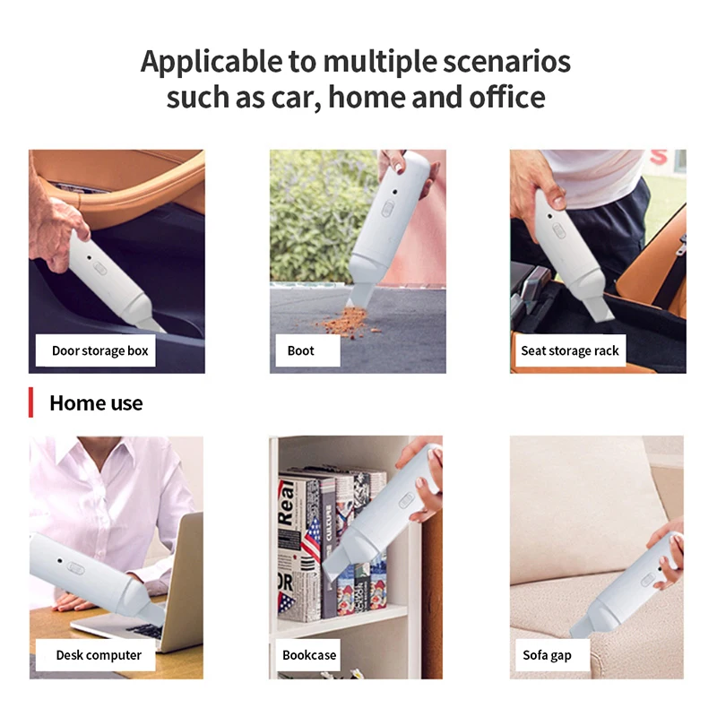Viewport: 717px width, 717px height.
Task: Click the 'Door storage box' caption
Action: point(99,350)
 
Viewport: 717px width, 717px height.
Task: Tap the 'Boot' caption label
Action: point(301,350)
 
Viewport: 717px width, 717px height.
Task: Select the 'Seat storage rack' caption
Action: point(569,350)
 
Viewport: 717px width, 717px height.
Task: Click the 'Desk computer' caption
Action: point(99,655)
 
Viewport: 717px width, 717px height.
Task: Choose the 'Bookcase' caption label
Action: point(309,655)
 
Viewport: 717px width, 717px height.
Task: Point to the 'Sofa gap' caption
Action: point(547,655)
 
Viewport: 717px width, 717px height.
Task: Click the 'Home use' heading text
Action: point(96,403)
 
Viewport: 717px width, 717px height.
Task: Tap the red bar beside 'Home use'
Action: point(31,403)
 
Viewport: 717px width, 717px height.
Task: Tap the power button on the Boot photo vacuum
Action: point(388,208)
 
